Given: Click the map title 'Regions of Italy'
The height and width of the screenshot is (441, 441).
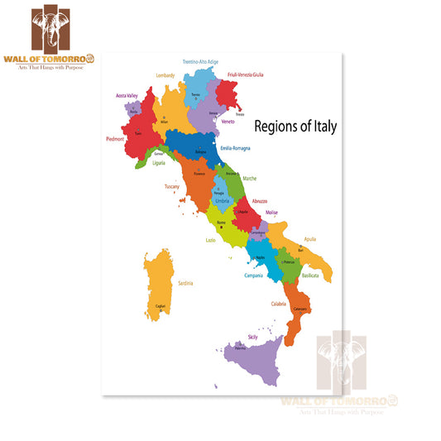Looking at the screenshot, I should (x=295, y=126).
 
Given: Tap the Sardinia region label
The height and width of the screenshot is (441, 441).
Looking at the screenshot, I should (x=185, y=283).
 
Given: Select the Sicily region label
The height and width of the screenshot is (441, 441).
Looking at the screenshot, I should (x=252, y=338).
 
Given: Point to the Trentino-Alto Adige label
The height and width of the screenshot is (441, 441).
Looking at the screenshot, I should (x=200, y=61).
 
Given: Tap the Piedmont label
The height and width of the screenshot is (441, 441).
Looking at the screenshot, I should (x=114, y=139).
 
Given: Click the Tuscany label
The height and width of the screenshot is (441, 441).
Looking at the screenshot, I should (x=172, y=187).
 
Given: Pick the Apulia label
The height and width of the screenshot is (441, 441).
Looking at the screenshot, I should (x=310, y=239).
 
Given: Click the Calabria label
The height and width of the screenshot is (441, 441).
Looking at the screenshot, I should (x=278, y=303).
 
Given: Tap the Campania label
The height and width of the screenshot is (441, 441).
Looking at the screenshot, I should (x=253, y=275).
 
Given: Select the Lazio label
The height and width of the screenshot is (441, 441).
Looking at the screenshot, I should (x=211, y=240).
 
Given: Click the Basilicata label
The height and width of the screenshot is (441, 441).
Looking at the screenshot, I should (x=310, y=274).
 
